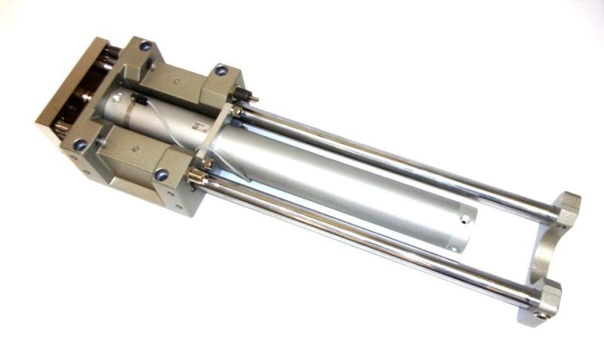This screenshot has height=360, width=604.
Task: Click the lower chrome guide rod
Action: (362, 234)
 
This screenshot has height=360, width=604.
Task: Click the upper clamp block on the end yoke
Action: (565, 207)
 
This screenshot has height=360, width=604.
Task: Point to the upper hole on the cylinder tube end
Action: (465, 222)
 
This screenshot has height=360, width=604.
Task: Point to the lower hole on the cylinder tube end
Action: (453, 248)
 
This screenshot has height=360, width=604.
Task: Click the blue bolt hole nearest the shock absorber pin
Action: (220, 70)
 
